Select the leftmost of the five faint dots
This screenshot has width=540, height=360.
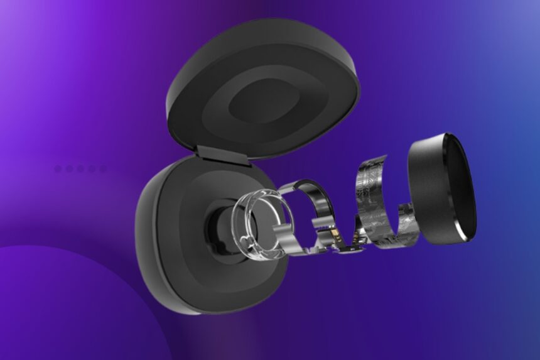pyautogui.click(x=58, y=168)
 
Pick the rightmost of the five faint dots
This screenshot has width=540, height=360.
pyautogui.click(x=102, y=168)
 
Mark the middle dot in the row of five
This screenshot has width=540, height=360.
pyautogui.click(x=80, y=168)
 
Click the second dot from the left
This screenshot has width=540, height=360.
pyautogui.click(x=69, y=168)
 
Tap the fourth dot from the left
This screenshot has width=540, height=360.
pyautogui.click(x=92, y=168)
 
